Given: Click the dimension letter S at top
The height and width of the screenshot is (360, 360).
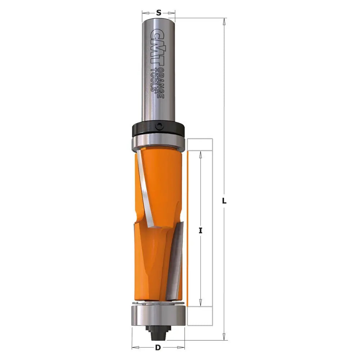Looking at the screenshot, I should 158,13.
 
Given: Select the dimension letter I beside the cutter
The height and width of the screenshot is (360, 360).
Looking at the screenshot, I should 201,231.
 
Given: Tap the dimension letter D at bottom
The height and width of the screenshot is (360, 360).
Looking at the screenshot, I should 158,348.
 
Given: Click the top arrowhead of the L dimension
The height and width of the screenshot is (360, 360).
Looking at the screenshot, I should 224,21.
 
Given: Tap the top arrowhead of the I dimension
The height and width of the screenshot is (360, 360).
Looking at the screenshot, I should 201,154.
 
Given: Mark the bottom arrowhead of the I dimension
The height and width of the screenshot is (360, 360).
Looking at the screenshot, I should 201,303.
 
